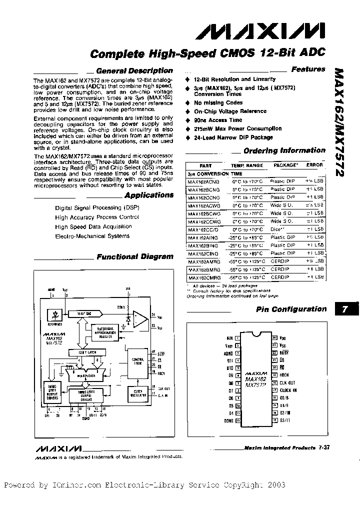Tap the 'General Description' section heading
point(133,71)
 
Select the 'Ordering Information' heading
point(284,150)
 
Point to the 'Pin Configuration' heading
point(291,309)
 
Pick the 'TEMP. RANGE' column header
point(246,165)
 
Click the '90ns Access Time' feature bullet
point(218,120)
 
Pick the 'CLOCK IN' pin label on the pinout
point(288,390)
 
